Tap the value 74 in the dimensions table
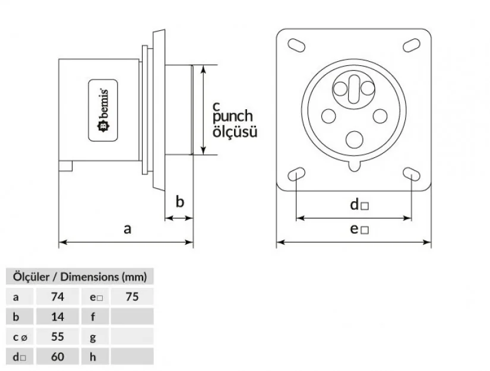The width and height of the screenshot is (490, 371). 58,296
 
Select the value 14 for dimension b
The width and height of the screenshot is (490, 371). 58,316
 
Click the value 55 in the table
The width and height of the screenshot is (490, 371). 58,337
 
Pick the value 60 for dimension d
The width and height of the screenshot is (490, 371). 58,357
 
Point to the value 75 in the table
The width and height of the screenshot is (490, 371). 132,296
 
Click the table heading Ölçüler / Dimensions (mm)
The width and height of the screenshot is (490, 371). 77,276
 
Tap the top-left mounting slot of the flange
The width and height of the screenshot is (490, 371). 295,45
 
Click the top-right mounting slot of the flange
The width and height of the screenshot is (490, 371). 411,45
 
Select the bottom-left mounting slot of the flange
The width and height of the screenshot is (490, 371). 296,173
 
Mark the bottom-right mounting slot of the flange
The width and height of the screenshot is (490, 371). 411,173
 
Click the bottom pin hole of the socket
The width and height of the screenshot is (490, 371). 355,139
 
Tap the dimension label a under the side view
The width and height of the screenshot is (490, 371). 127,229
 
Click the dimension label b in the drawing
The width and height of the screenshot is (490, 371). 180,202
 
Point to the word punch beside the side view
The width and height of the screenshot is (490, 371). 232,117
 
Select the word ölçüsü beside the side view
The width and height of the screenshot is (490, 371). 235,132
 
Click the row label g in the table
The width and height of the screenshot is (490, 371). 92,337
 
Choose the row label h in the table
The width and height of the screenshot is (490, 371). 92,357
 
